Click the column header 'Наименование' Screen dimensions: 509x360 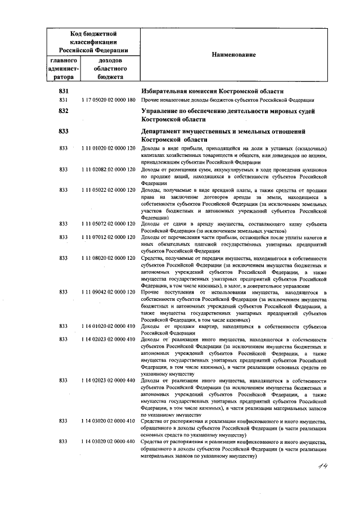(233, 55)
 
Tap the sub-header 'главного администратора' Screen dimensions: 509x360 (63, 69)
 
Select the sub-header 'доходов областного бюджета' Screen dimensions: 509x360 (111, 69)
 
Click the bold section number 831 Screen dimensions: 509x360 (63, 92)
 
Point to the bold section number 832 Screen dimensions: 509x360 (63, 111)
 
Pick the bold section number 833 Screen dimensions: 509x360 (63, 131)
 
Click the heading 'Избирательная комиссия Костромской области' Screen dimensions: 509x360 (211, 92)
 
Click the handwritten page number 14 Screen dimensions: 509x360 (323, 466)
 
